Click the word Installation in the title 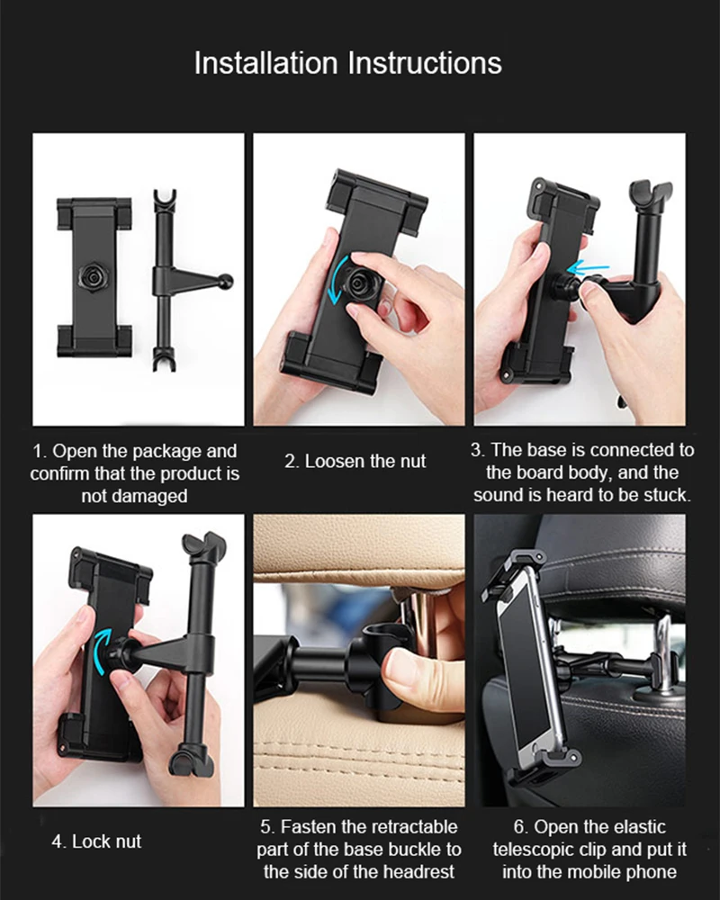(265, 63)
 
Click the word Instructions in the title (425, 63)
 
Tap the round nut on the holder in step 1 (93, 278)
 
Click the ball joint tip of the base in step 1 (228, 281)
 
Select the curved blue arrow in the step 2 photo (337, 280)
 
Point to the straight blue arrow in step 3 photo (588, 267)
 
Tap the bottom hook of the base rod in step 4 (191, 761)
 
